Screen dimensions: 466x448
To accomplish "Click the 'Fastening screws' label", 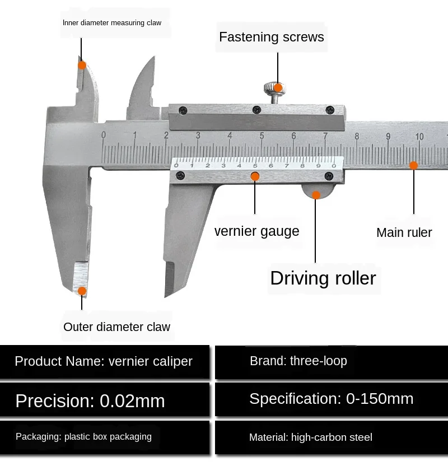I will click(271, 38).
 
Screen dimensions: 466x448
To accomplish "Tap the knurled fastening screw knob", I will click(274, 87).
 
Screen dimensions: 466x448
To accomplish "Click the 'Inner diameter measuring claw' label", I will click(111, 23).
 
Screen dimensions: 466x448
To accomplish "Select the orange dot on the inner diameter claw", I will click(82, 65).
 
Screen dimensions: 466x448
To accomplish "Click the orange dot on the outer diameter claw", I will click(82, 291).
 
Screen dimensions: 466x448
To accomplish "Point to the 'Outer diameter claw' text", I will click(116, 327).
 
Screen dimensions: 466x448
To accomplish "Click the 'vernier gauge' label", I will click(256, 231).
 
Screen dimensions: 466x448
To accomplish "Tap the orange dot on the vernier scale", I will click(255, 176).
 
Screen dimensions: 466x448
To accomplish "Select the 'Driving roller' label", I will click(323, 278).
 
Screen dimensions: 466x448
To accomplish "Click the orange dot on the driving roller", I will click(316, 195).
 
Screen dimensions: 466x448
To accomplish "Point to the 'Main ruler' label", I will click(404, 232).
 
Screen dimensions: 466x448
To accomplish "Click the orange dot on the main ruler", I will click(413, 165).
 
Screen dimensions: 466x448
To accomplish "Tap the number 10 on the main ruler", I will click(419, 137).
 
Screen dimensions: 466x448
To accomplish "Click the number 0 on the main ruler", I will click(103, 135).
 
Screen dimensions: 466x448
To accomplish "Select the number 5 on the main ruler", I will click(262, 136).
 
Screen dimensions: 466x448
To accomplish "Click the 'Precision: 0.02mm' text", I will click(90, 401).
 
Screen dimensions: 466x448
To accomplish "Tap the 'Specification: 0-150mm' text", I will click(331, 399).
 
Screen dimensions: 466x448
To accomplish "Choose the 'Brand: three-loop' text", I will click(298, 361).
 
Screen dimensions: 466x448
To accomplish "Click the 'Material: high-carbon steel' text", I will click(310, 437).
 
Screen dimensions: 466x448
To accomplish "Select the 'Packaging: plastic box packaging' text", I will click(83, 437).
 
